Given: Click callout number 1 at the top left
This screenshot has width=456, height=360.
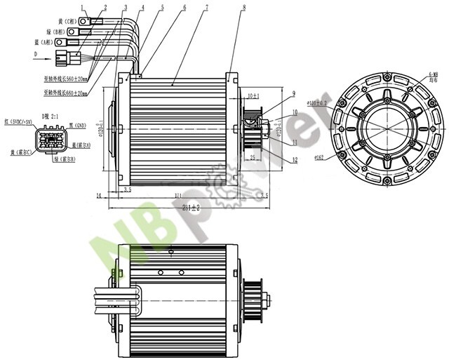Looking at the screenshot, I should coord(82,7).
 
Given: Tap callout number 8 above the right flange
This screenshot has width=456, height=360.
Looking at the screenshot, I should coord(243,7).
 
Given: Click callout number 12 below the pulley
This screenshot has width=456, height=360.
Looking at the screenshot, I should coord(295,160).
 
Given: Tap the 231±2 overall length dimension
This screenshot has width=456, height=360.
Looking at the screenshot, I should coord(186,207).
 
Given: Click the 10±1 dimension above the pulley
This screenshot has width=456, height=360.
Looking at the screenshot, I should coord(253,95).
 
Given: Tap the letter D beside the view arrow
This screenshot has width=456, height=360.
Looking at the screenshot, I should coord(35,53).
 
